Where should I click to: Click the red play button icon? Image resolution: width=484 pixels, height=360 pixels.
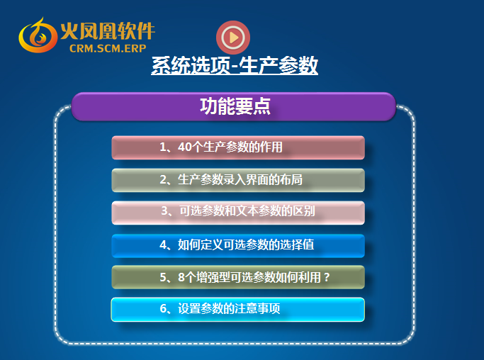tap(233, 38)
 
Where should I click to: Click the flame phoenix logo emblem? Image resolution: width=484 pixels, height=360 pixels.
tap(38, 35)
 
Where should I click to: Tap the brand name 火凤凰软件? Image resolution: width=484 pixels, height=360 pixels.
tap(108, 30)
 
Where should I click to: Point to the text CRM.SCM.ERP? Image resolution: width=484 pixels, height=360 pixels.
tap(108, 48)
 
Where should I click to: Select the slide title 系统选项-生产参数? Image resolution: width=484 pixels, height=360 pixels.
tap(235, 65)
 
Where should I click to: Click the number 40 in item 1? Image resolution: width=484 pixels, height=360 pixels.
tap(185, 147)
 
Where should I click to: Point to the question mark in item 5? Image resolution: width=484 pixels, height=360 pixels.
tap(327, 277)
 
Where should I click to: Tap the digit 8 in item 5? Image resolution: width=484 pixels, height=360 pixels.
tap(181, 277)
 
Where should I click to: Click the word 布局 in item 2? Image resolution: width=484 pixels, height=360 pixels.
tap(291, 180)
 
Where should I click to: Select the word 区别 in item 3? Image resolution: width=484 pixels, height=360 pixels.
tap(304, 211)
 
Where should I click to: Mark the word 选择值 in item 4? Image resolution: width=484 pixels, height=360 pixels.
tap(297, 244)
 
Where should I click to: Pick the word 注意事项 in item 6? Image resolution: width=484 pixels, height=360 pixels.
tap(257, 308)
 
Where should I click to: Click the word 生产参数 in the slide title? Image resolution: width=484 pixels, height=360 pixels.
tap(278, 65)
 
